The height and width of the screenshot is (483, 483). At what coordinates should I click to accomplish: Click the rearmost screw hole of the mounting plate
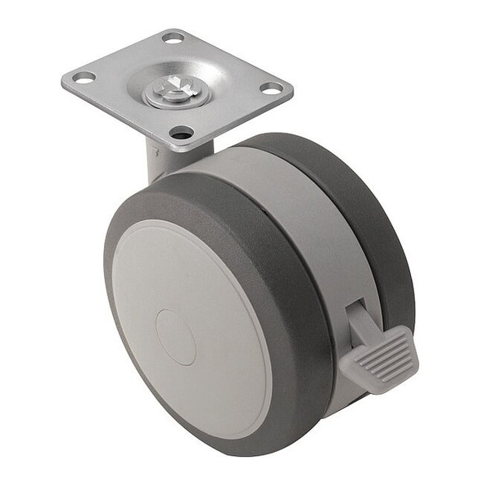tap(174, 37)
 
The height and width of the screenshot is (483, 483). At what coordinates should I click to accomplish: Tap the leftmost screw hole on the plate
tap(84, 78)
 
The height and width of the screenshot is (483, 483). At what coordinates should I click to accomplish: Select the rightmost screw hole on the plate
tap(271, 88)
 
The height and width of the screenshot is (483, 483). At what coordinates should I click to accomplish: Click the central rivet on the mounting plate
tap(175, 92)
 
